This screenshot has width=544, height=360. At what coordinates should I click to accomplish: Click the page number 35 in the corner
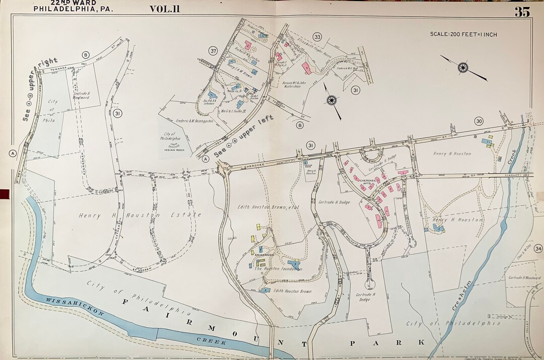(x=522, y=12)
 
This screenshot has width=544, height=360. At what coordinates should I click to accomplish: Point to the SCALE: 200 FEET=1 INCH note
(x=463, y=34)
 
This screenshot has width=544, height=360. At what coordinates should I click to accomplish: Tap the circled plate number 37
(x=213, y=51)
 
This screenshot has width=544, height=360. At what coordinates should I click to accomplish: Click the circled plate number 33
(x=317, y=37)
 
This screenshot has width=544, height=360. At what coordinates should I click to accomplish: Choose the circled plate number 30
(x=478, y=121)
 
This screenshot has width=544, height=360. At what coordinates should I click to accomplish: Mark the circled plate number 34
(x=538, y=248)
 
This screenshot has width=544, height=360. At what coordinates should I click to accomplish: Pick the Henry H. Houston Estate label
(x=140, y=215)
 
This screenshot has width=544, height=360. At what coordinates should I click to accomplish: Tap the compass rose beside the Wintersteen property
(x=331, y=100)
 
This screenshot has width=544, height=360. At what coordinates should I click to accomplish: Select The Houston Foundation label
(x=278, y=269)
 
